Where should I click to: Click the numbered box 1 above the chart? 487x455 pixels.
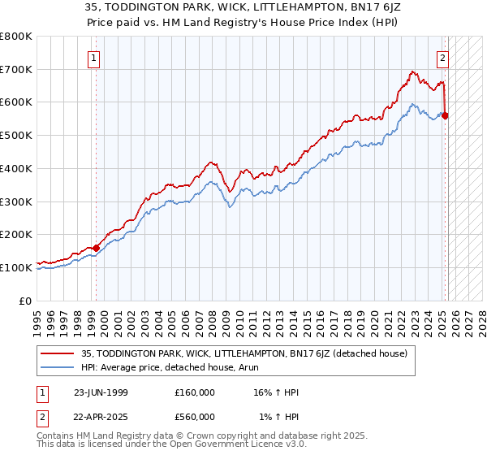click(x=95, y=58)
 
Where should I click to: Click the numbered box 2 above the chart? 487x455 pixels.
click(x=443, y=58)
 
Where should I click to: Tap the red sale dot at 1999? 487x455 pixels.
click(x=96, y=248)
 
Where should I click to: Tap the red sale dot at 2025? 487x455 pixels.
click(x=446, y=115)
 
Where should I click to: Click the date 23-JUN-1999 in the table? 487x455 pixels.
click(x=101, y=392)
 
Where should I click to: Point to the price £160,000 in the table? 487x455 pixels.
click(x=195, y=392)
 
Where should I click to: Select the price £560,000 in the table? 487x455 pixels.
click(x=195, y=417)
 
